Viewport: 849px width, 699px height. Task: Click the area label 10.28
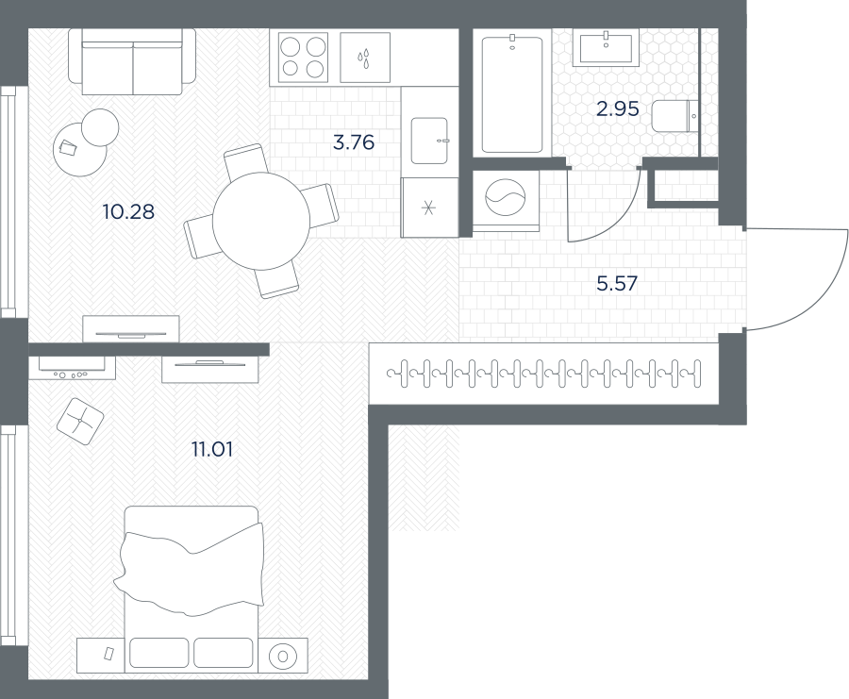128,211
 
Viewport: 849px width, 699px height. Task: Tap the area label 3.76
354,142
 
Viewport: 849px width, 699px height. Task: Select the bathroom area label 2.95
617,108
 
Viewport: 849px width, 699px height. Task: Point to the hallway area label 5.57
617,283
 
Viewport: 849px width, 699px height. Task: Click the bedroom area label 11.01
212,449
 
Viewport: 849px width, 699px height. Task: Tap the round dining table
261,221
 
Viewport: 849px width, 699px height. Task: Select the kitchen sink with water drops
365,57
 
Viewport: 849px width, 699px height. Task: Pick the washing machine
506,200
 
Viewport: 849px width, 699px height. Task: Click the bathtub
512,94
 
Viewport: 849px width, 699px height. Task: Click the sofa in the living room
132,61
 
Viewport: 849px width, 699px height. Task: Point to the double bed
191,589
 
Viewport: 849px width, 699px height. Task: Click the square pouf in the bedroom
80,422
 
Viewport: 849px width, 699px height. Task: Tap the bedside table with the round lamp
283,656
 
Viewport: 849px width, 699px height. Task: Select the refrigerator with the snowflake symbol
429,208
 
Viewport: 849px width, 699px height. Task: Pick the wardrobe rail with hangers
544,373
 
